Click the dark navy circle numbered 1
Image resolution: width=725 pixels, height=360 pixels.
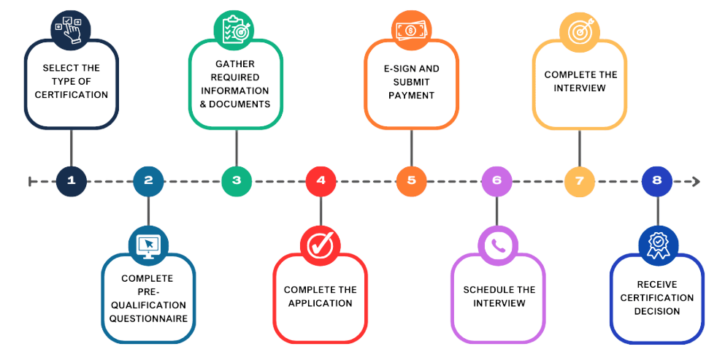(71, 181)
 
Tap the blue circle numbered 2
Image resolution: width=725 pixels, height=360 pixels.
(149, 181)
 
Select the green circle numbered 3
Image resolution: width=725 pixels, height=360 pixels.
(236, 181)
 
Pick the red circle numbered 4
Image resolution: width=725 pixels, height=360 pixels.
(321, 181)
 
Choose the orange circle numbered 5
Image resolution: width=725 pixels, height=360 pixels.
(411, 181)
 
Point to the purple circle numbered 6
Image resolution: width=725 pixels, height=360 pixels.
(496, 181)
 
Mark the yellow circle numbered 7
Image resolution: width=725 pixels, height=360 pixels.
(579, 181)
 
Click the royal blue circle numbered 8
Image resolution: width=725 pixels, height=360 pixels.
(657, 181)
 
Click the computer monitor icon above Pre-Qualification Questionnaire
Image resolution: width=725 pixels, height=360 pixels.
(148, 243)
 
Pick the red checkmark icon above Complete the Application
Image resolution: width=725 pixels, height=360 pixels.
(321, 244)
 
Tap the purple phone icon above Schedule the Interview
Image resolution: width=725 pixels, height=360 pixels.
(496, 244)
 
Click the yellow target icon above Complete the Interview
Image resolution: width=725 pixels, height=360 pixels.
(579, 29)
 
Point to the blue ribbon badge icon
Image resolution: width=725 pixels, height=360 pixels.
(657, 244)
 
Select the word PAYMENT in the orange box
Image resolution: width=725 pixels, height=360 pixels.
(411, 96)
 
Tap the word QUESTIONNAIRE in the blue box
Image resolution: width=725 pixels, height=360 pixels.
(148, 318)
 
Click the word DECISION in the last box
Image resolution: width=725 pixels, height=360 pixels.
(657, 311)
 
